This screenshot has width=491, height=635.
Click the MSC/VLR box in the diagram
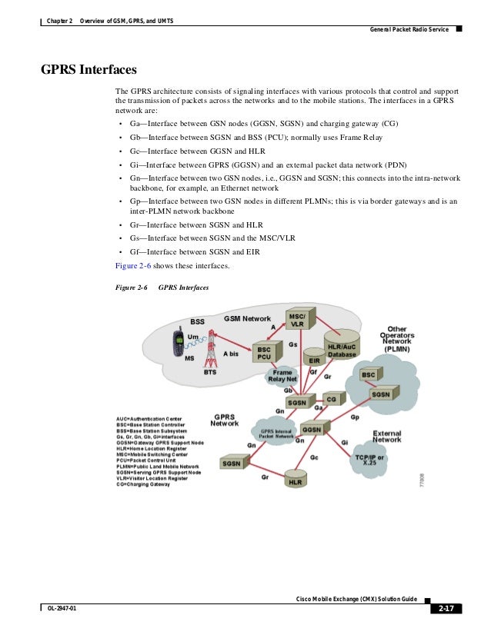tap(296, 321)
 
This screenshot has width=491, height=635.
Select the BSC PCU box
tap(264, 354)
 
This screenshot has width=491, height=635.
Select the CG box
tap(331, 400)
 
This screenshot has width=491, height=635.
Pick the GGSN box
tap(312, 430)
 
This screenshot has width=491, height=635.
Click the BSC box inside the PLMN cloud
tap(369, 374)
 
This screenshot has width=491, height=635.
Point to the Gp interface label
tap(355, 417)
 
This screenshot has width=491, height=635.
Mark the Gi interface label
tap(344, 443)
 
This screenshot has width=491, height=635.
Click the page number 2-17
tap(446, 610)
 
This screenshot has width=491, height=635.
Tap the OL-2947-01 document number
tap(62, 610)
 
